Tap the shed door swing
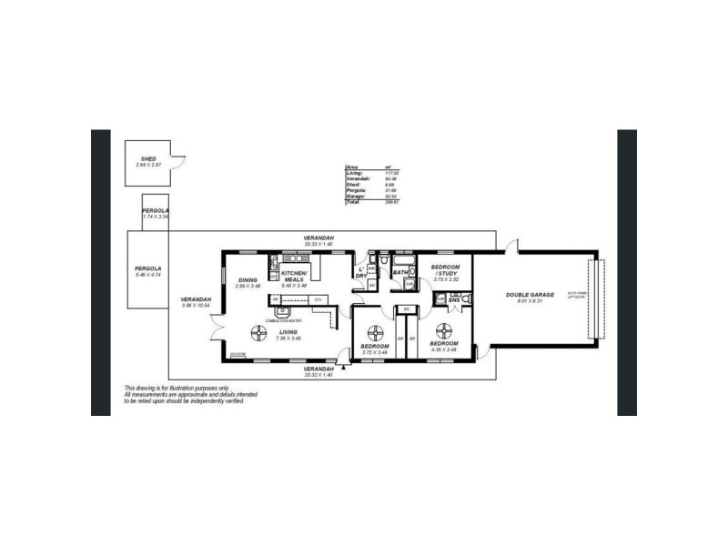tap(180, 162)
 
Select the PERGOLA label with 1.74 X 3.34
tap(156, 210)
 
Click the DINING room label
tap(248, 280)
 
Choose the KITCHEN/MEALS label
tap(295, 277)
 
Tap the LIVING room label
tap(288, 332)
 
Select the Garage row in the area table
tap(353, 196)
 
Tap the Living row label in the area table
tap(354, 173)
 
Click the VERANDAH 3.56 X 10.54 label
tap(197, 301)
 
